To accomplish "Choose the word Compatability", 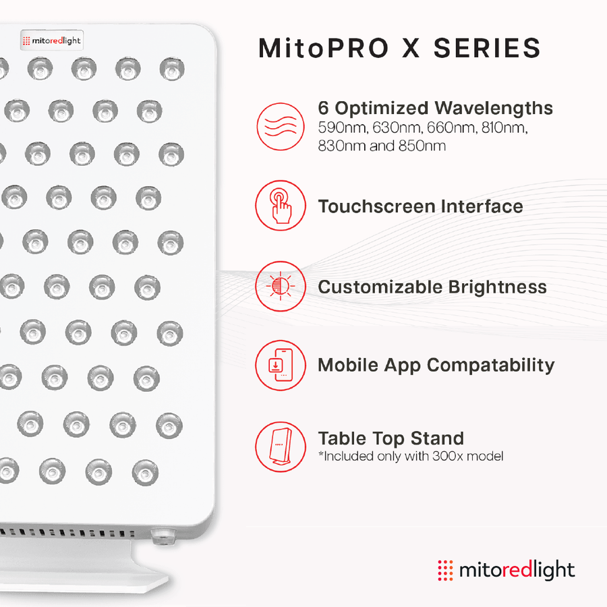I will coord(490,365).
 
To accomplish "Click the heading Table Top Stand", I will coord(391,438).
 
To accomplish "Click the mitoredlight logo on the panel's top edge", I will coord(51,40).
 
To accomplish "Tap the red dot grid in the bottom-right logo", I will coord(444,570).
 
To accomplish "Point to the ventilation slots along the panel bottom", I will coord(67,533).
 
